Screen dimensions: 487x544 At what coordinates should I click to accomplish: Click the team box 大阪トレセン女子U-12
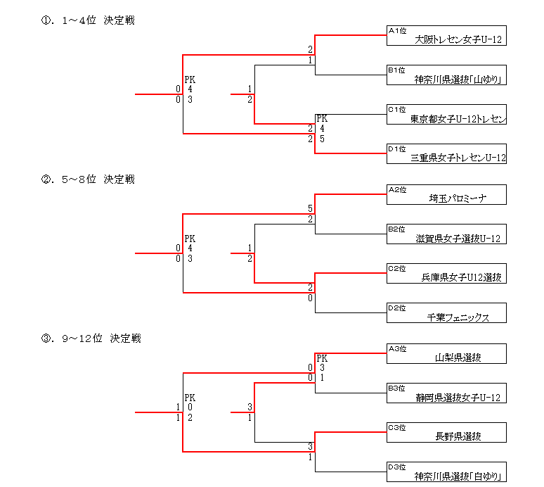446,36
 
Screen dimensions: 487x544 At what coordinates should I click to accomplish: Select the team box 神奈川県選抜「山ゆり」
446,75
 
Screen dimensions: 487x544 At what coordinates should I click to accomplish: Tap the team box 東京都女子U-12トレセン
446,115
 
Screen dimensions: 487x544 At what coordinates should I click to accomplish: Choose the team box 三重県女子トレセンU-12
446,154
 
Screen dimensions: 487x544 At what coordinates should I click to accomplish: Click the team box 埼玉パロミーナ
446,195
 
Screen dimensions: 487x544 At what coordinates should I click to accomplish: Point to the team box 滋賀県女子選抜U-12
446,234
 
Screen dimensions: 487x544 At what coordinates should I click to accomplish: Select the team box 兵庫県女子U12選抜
446,274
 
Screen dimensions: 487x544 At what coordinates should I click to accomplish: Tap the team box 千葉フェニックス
446,313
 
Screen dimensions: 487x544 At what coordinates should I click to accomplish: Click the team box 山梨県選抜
446,353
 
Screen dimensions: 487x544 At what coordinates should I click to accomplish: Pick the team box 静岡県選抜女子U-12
446,393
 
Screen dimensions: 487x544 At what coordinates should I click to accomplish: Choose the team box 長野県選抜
446,432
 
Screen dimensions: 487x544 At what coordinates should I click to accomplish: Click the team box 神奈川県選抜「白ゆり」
446,472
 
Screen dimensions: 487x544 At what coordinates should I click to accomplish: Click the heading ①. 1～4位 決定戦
88,20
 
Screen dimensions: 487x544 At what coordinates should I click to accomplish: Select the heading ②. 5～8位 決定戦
88,179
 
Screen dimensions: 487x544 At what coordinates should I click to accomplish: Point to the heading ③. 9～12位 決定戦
91,339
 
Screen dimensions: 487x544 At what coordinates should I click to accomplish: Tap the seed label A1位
398,31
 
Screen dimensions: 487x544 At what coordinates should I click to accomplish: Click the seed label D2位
398,308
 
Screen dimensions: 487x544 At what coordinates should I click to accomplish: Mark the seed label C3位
398,426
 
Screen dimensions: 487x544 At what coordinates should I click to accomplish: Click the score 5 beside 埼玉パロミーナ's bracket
310,209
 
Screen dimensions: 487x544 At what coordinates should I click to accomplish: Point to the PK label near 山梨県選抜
322,358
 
